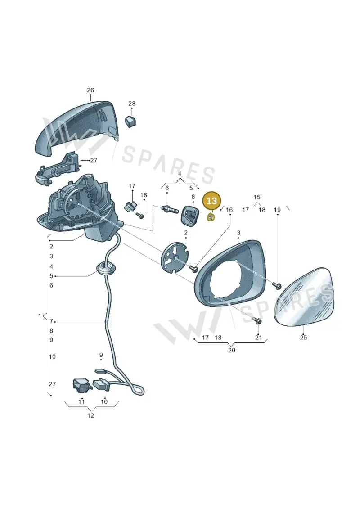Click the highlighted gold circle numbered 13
click(211, 201)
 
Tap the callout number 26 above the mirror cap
click(90, 90)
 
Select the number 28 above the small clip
click(132, 104)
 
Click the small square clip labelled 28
click(130, 121)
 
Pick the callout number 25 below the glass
click(303, 338)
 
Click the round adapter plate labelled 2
click(175, 257)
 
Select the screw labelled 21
click(258, 321)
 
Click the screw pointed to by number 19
click(277, 285)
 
